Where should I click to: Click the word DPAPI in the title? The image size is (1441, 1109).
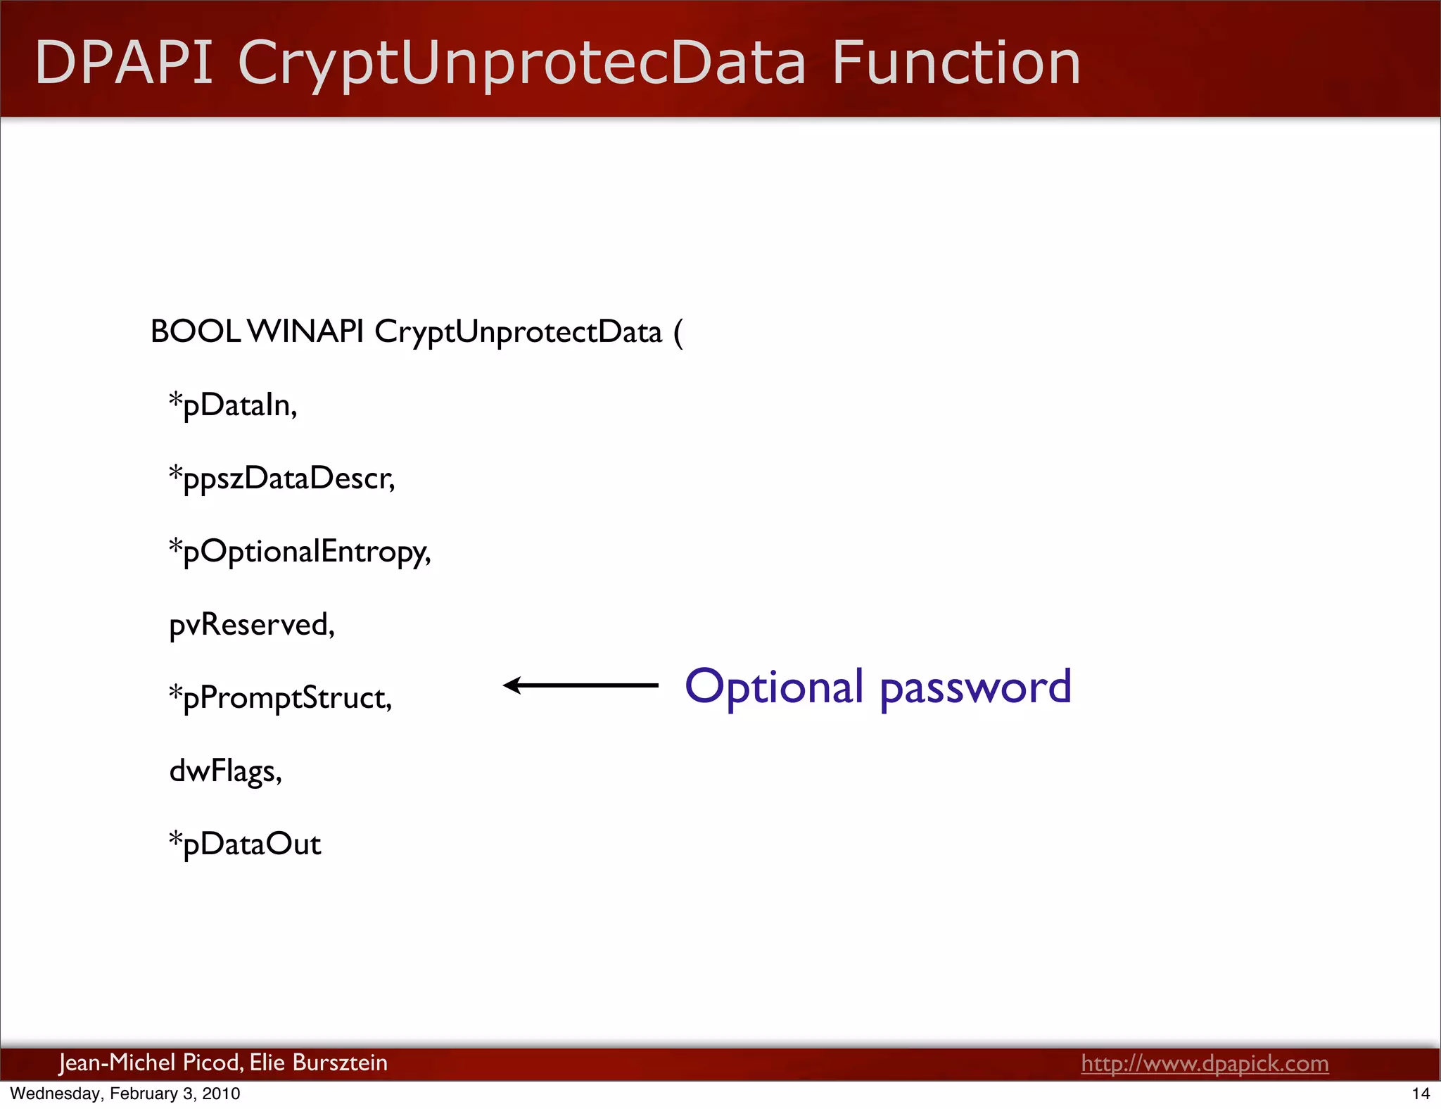pyautogui.click(x=124, y=63)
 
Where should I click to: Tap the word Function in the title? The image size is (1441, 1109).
pyautogui.click(x=956, y=63)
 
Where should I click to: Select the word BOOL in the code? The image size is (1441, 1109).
pyautogui.click(x=195, y=331)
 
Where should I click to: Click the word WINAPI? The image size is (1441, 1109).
pyautogui.click(x=306, y=331)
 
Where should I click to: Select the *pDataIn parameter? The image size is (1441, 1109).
pyautogui.click(x=233, y=405)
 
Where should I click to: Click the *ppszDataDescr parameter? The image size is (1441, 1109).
pyautogui.click(x=281, y=479)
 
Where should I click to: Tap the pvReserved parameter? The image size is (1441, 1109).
pyautogui.click(x=252, y=625)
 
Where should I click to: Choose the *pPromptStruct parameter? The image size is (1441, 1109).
pyautogui.click(x=280, y=698)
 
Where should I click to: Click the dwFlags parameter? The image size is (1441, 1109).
pyautogui.click(x=225, y=771)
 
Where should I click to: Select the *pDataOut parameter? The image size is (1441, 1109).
pyautogui.click(x=245, y=844)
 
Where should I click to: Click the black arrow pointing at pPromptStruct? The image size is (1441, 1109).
pyautogui.click(x=580, y=685)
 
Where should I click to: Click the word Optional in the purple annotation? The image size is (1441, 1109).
pyautogui.click(x=774, y=687)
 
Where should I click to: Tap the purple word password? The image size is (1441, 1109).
pyautogui.click(x=976, y=688)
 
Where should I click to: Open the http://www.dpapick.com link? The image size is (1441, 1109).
pyautogui.click(x=1205, y=1063)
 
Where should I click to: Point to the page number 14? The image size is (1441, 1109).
pyautogui.click(x=1421, y=1094)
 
